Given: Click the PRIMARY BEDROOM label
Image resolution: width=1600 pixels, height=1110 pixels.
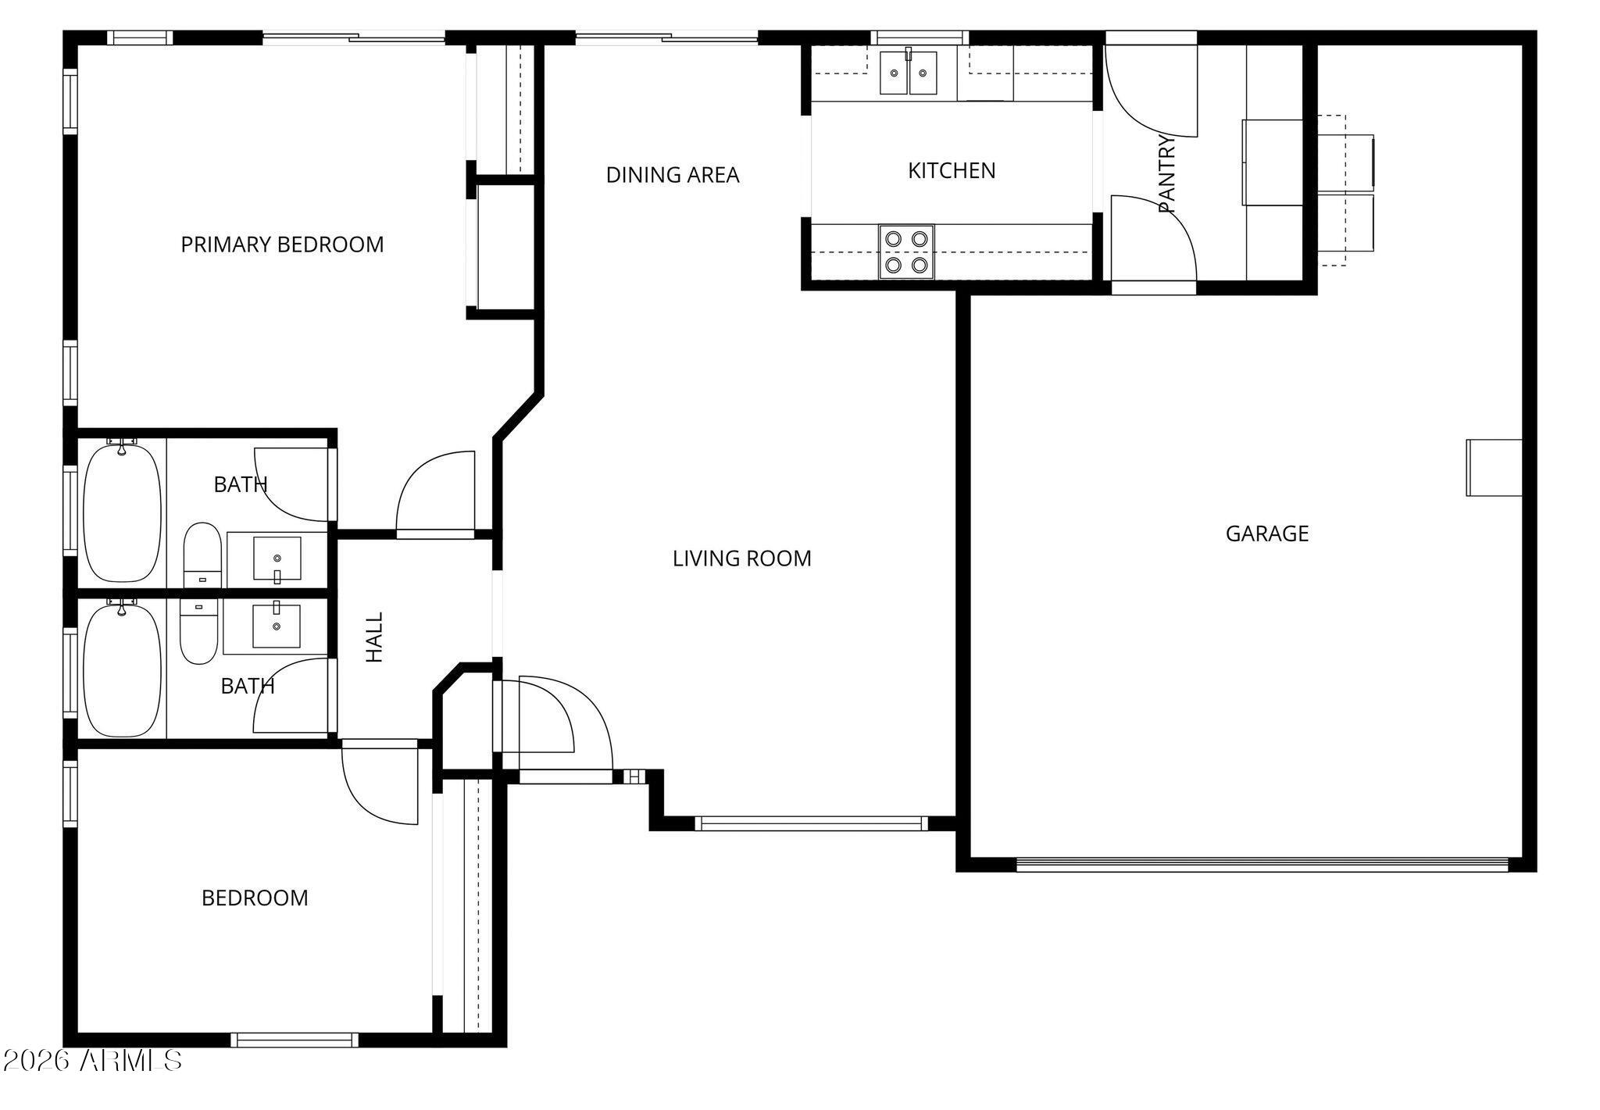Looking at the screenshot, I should pos(282,244).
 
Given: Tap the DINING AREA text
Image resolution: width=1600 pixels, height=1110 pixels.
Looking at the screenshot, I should pos(672,175).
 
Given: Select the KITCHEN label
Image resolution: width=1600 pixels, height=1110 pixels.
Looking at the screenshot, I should pos(951,170).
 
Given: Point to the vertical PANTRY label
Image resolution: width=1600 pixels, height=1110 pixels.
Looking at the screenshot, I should pos(1166,173).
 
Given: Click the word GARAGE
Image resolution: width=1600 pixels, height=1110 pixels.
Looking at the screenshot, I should pos(1266,534).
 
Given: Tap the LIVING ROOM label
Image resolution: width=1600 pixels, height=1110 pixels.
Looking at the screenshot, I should pos(741,559).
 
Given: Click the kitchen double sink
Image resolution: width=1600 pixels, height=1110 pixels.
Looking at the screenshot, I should pos(908,73).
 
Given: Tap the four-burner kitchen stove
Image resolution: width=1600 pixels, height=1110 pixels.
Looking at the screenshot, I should pos(906,252).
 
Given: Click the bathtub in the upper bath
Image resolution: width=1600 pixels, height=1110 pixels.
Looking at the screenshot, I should pos(122,512).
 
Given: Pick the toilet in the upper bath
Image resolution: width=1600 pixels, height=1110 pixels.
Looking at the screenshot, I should pos(202,553).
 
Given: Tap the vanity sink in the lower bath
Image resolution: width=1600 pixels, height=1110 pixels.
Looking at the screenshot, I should pos(276,626).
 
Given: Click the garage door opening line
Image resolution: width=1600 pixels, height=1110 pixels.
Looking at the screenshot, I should pos(1262,864).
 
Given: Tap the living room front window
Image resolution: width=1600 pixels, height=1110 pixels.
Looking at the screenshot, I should pos(810,823).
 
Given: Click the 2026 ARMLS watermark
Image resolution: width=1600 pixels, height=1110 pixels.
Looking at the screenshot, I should pos(92,1060).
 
